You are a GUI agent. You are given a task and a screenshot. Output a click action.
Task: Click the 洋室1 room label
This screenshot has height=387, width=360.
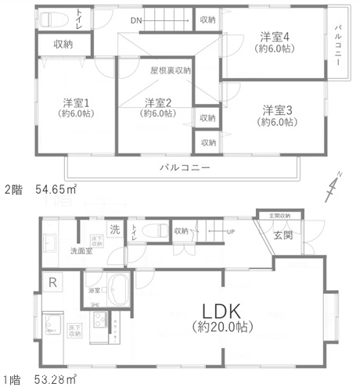(76, 101)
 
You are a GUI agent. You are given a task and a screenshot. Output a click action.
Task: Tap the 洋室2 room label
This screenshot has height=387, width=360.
(157, 102)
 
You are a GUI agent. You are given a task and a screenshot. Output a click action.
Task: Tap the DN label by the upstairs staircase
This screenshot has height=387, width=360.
(136, 20)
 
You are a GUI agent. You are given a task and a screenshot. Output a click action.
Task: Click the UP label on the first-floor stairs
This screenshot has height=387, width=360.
(231, 232)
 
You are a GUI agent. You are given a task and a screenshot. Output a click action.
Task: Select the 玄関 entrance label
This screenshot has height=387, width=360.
(283, 236)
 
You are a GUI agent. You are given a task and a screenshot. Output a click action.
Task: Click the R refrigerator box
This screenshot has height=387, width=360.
(52, 281)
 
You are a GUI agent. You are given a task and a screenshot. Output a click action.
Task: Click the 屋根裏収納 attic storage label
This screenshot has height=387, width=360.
(171, 70)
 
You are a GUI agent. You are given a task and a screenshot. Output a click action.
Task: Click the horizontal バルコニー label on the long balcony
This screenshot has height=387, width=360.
(184, 167)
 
